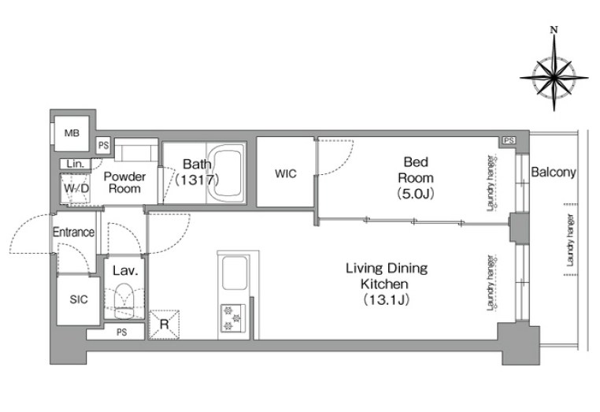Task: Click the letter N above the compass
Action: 554,30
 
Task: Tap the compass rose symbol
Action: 554,77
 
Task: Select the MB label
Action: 72,133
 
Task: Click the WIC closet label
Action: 286,174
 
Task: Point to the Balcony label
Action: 554,173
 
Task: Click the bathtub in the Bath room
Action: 228,173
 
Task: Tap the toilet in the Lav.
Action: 124,302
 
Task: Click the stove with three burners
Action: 233,317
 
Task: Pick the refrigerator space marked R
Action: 164,325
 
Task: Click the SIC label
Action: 79,299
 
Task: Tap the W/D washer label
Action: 76,188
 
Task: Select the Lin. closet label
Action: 75,165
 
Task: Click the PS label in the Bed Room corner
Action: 509,140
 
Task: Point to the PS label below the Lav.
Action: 122,332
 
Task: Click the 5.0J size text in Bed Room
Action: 416,194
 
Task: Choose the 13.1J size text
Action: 387,299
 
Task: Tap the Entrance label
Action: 73,232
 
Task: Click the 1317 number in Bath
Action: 197,180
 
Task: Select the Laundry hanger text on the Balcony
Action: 570,240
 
